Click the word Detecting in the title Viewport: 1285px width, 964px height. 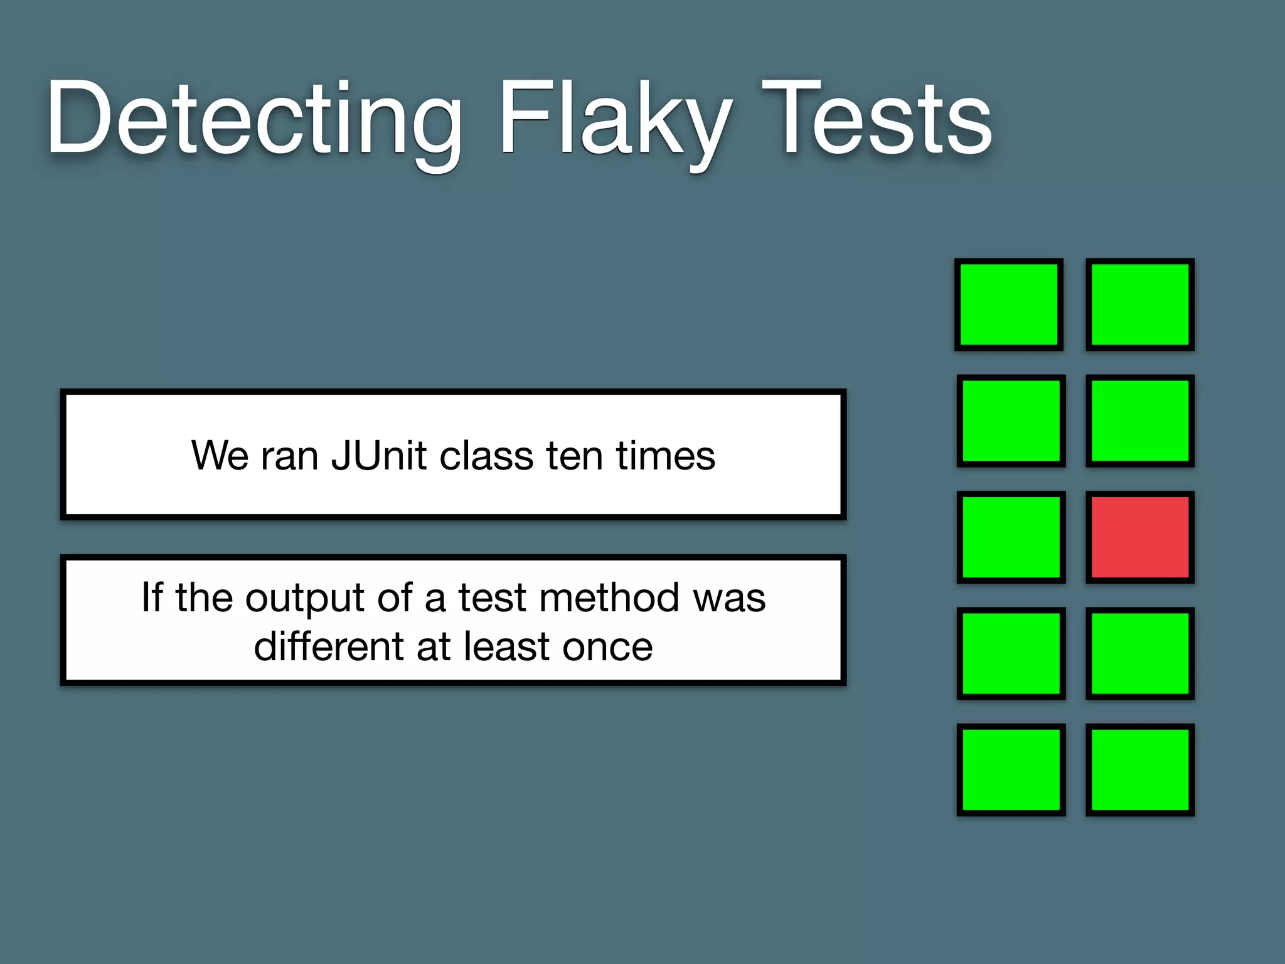pyautogui.click(x=254, y=119)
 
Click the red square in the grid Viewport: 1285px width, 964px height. pyautogui.click(x=1140, y=537)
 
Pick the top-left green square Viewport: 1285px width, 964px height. pyautogui.click(x=1009, y=304)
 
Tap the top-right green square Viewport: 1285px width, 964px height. pyautogui.click(x=1140, y=304)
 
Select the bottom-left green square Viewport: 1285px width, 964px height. pyautogui.click(x=1011, y=769)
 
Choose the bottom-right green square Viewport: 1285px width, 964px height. pyautogui.click(x=1140, y=769)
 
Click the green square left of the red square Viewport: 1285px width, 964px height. pyautogui.click(x=1011, y=537)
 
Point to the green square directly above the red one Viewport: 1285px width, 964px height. pyautogui.click(x=1140, y=420)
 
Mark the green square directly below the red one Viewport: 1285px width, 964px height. pyautogui.click(x=1140, y=653)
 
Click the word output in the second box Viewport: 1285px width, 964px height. pyautogui.click(x=305, y=598)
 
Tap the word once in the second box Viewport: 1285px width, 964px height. pyautogui.click(x=607, y=648)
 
